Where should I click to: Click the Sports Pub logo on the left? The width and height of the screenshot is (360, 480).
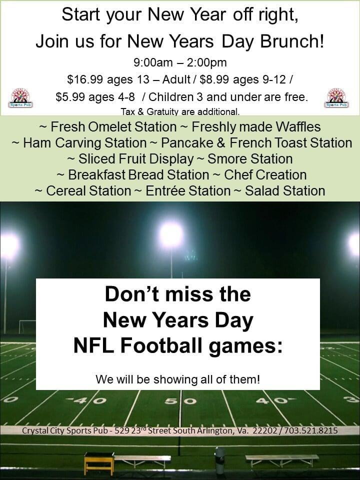[x=20, y=98]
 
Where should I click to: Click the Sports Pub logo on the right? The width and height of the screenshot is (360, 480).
[x=336, y=98]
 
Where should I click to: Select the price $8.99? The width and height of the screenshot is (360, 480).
[x=214, y=79]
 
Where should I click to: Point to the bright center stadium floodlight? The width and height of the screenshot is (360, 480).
[x=171, y=235]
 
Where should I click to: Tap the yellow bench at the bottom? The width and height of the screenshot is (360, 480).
[x=99, y=463]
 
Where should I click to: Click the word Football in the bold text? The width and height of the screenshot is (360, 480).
[x=162, y=346]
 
